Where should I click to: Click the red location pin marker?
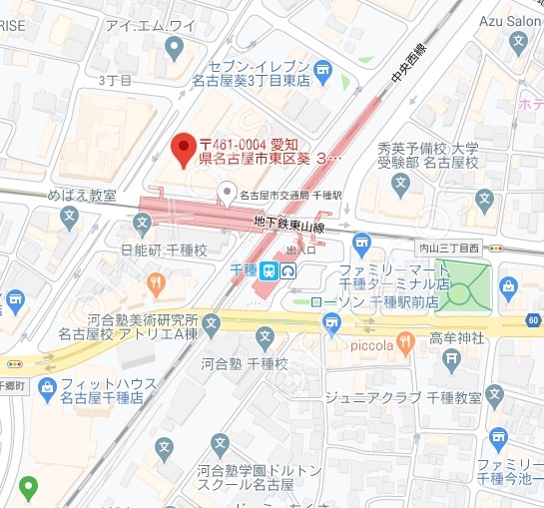182,150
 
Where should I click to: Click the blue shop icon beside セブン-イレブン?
322,68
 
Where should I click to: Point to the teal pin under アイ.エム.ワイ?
177,46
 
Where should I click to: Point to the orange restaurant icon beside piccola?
405,345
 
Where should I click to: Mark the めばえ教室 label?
82,195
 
